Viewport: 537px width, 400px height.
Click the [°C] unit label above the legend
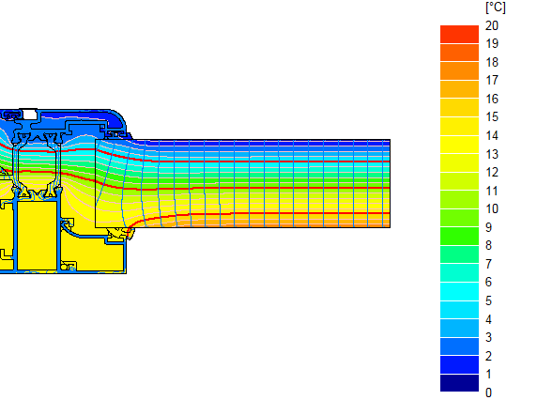pos(495,8)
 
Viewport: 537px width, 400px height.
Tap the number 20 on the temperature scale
pos(492,26)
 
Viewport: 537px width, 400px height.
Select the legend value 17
pos(492,81)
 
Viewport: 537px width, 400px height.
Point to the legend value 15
pos(492,117)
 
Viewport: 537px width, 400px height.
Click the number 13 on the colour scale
pos(492,154)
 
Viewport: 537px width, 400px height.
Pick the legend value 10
pos(492,208)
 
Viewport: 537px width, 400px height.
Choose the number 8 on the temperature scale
pos(489,245)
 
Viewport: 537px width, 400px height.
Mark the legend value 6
pos(489,282)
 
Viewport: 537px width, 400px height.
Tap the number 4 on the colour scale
pos(489,318)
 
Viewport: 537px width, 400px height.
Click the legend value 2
pos(489,355)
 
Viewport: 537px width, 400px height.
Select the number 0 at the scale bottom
pos(489,392)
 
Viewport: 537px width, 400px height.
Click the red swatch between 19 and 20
pos(460,35)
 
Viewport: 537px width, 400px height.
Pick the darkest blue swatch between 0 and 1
pos(460,382)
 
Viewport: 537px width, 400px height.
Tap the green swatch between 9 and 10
pos(460,218)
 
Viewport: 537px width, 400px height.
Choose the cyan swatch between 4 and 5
pos(460,309)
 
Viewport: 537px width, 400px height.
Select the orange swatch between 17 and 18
pos(460,71)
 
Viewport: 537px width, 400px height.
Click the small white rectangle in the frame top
pos(29,113)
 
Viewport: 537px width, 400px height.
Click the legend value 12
pos(492,172)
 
